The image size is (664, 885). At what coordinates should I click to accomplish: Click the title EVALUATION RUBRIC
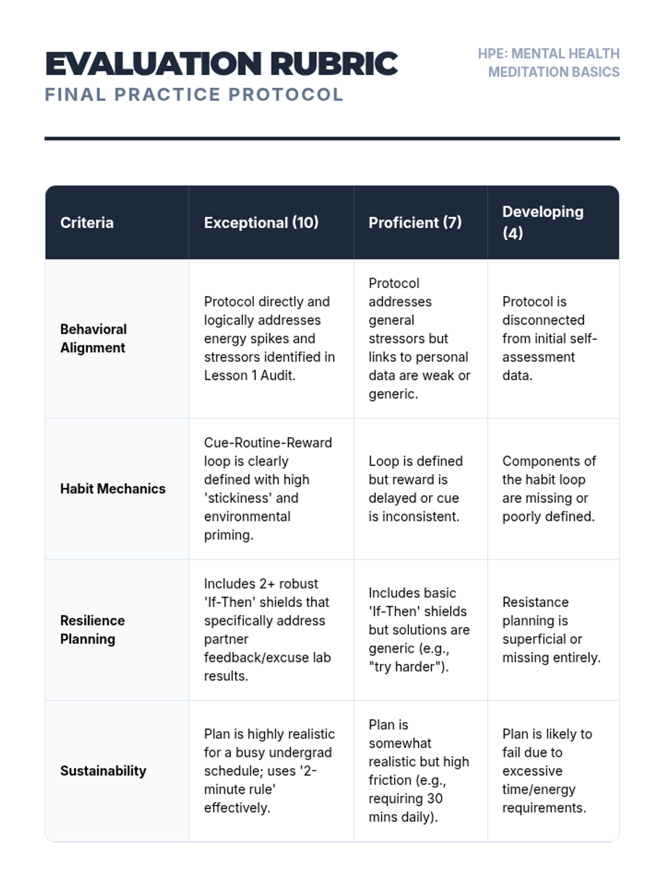tap(221, 64)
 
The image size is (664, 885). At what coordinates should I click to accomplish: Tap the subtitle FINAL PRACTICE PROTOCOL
tap(194, 95)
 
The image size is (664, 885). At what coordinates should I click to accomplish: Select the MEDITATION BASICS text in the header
tap(553, 72)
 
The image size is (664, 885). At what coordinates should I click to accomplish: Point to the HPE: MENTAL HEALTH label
tap(548, 54)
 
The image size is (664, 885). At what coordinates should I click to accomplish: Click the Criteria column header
tap(87, 222)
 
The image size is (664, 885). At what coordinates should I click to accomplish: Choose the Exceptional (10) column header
tap(261, 222)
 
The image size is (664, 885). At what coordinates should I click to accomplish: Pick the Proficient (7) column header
tap(415, 222)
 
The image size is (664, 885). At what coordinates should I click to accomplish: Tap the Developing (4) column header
tap(542, 222)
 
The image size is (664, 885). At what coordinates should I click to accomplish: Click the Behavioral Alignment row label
tap(94, 339)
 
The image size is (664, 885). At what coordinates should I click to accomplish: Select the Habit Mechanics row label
tap(113, 488)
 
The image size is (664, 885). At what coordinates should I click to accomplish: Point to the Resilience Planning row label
tap(92, 629)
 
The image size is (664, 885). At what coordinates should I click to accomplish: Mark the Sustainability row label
tap(103, 771)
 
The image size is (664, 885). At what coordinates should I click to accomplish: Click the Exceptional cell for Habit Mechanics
tap(268, 488)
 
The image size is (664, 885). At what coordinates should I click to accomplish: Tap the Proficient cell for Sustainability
tap(418, 771)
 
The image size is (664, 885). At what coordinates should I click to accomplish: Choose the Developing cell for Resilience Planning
tap(551, 629)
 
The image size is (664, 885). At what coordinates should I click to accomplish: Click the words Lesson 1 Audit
tap(250, 375)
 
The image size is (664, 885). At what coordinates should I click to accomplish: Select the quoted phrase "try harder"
tap(408, 667)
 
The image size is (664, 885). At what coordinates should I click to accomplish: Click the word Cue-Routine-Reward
tap(268, 442)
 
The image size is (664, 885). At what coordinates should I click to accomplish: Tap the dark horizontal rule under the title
tap(332, 138)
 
